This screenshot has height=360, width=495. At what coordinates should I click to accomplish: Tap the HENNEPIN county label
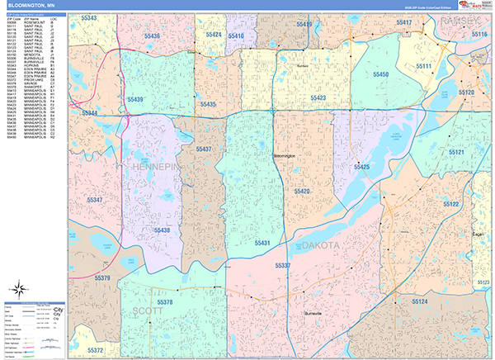(154, 168)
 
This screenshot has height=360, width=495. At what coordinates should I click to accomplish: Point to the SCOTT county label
(147, 311)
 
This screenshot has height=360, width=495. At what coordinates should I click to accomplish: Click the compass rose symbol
(20, 290)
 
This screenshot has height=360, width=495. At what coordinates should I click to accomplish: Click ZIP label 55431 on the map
(262, 243)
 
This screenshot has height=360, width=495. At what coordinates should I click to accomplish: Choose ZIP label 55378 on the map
(164, 303)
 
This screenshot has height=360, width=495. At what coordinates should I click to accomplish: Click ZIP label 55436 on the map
(152, 36)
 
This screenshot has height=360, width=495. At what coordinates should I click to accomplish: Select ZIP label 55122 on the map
(451, 204)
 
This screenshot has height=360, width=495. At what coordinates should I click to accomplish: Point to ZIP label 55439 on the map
(134, 99)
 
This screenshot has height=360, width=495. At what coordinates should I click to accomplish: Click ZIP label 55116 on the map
(480, 35)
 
